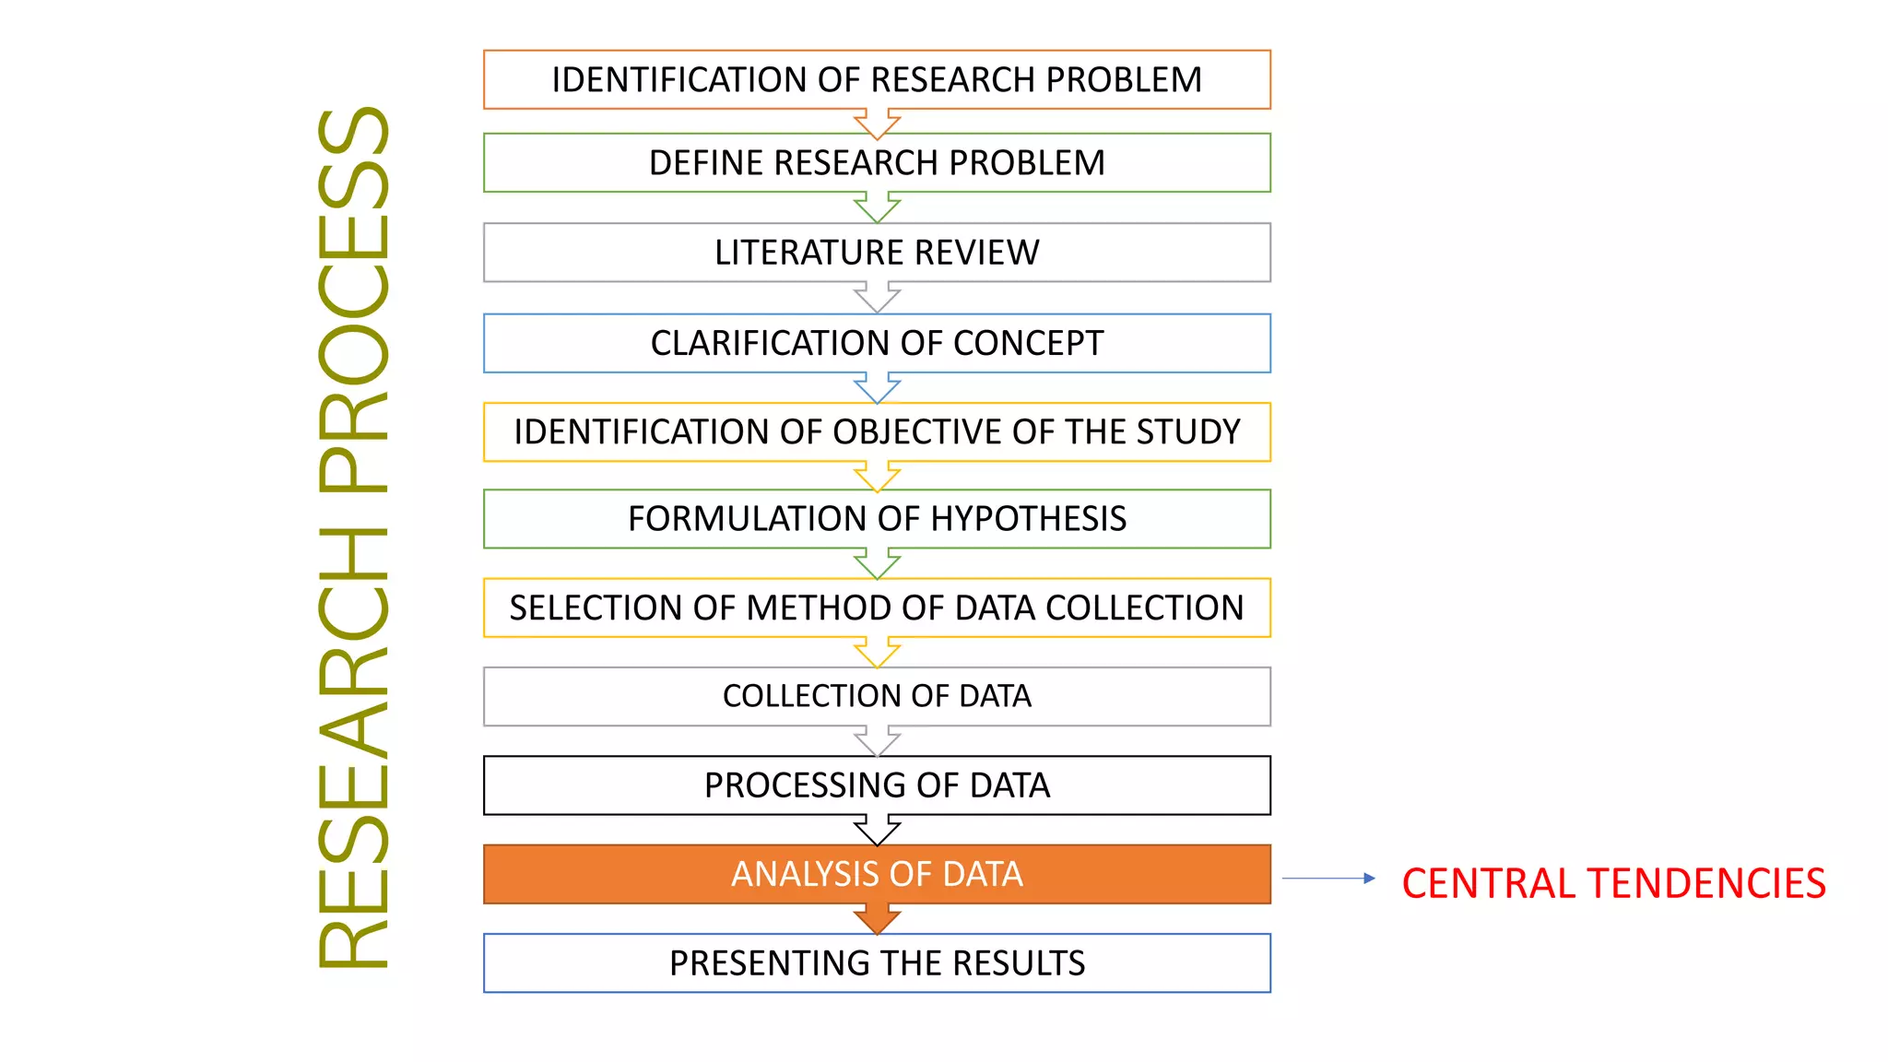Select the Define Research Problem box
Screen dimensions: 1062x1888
877,163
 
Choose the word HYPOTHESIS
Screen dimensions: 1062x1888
1028,519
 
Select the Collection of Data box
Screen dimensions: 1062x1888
877,696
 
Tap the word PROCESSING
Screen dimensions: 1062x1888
805,785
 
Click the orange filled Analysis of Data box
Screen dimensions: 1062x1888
877,874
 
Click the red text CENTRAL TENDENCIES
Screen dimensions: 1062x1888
1613,883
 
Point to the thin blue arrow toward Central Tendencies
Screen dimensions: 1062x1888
1327,879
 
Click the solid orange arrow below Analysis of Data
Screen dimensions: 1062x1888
877,918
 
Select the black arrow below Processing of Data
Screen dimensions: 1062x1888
877,830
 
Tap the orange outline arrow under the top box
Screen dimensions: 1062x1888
877,123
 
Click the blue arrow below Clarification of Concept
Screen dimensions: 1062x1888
877,387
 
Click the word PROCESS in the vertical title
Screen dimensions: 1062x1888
354,304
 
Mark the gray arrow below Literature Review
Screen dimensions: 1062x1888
877,298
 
